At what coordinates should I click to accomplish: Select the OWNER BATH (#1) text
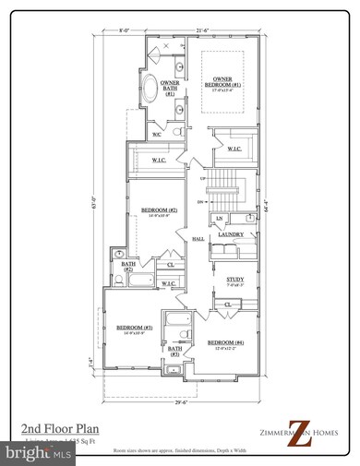coord(170,88)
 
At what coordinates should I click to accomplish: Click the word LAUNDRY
coord(231,235)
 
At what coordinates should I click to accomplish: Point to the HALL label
coord(198,239)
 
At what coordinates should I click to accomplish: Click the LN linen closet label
coord(219,218)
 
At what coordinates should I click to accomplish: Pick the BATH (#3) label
coord(174,351)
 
